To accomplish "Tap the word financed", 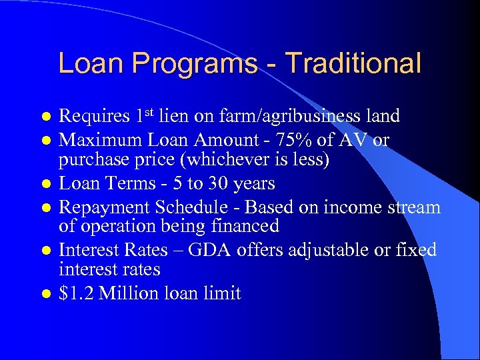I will coord(243,227).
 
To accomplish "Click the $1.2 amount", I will coord(76,293).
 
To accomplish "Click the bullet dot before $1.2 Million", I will coord(45,294).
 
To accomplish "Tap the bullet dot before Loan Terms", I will coord(45,184).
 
